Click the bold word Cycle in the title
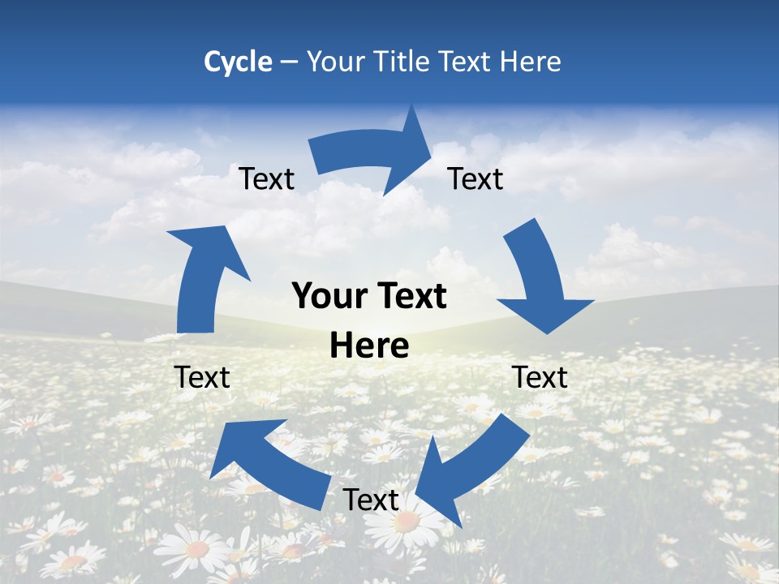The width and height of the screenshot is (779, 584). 238,62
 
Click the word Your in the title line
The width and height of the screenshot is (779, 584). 333,62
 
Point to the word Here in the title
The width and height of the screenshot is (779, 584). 528,62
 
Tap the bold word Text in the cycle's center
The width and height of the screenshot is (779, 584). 408,297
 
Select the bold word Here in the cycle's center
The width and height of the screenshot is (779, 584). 369,346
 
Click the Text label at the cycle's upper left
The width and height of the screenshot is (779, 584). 267,179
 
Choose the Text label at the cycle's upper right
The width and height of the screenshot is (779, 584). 476,179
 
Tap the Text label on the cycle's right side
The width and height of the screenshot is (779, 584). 540,377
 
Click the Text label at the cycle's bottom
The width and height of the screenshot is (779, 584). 371,500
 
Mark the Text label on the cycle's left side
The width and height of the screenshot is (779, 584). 203,377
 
